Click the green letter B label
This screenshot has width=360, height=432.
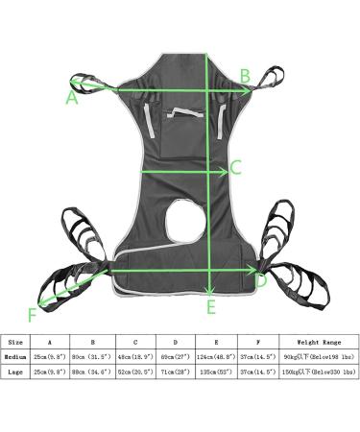[245, 75]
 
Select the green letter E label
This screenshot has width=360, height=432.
[211, 307]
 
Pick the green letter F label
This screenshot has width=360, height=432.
[32, 313]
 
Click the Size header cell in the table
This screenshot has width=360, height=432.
[15, 342]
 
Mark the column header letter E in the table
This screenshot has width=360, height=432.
[214, 342]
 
